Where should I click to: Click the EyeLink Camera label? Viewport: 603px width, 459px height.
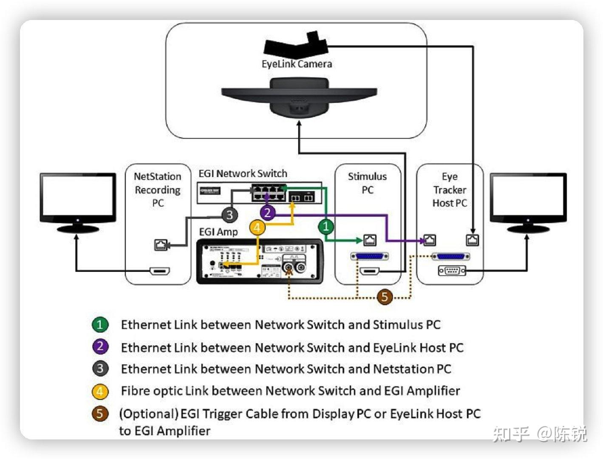(297, 64)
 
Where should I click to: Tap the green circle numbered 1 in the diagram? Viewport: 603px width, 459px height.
(326, 226)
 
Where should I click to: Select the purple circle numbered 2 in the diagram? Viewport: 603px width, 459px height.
(267, 212)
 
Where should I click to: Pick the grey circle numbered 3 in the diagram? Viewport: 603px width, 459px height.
(229, 214)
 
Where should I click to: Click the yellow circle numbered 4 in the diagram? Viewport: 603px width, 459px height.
(257, 228)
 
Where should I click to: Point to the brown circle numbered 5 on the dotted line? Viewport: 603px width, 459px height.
(385, 296)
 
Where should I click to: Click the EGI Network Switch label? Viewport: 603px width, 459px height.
(243, 173)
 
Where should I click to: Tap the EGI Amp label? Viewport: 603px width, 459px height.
(218, 232)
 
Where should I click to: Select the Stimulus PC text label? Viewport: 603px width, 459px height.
(368, 183)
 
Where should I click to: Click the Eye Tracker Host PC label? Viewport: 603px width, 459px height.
(450, 190)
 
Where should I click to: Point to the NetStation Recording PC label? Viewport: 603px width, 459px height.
(158, 190)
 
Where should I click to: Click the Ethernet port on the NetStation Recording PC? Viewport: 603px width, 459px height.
(160, 245)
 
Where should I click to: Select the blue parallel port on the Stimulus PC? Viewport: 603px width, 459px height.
(369, 256)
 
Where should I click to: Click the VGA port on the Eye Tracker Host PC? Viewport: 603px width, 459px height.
(452, 270)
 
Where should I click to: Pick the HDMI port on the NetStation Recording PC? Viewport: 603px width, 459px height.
(160, 271)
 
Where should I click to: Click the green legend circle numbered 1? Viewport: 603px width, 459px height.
(100, 325)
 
